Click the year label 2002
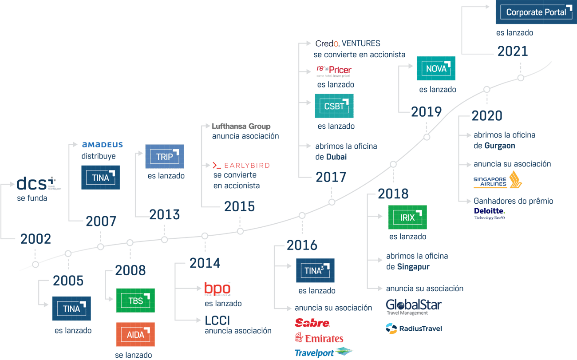(x=36, y=239)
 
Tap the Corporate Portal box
(x=536, y=12)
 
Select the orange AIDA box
(x=135, y=334)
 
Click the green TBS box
(x=135, y=301)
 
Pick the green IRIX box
(x=407, y=217)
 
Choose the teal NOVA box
(x=436, y=68)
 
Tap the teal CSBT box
(x=334, y=106)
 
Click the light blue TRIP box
(x=165, y=156)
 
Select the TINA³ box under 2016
(x=315, y=270)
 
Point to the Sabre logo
(x=312, y=323)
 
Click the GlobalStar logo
(x=414, y=306)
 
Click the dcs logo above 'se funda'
(x=37, y=183)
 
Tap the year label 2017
(x=331, y=177)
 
